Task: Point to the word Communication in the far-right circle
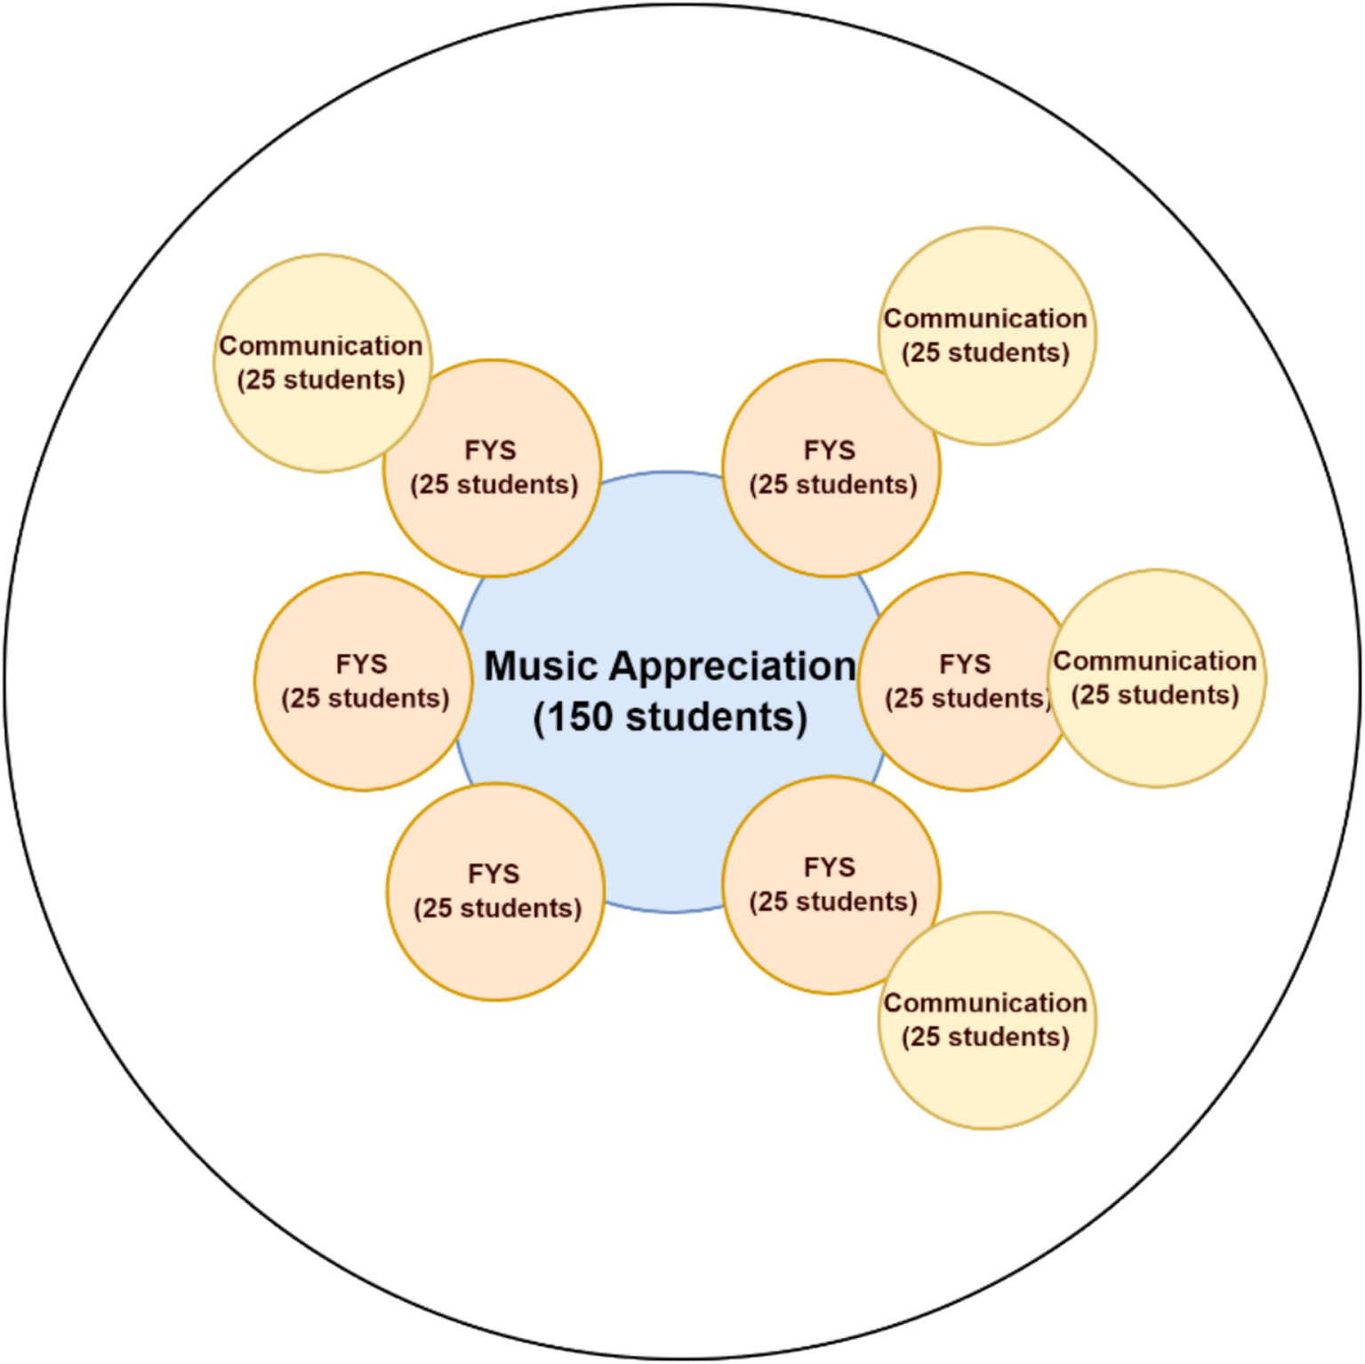pos(1154,661)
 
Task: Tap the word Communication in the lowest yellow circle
pos(985,1003)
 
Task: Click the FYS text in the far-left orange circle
pos(362,665)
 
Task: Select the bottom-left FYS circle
pos(496,943)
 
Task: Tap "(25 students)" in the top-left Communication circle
pos(321,380)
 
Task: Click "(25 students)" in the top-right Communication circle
pos(985,352)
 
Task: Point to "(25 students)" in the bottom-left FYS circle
pos(497,908)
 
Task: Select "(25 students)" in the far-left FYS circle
pos(365,698)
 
